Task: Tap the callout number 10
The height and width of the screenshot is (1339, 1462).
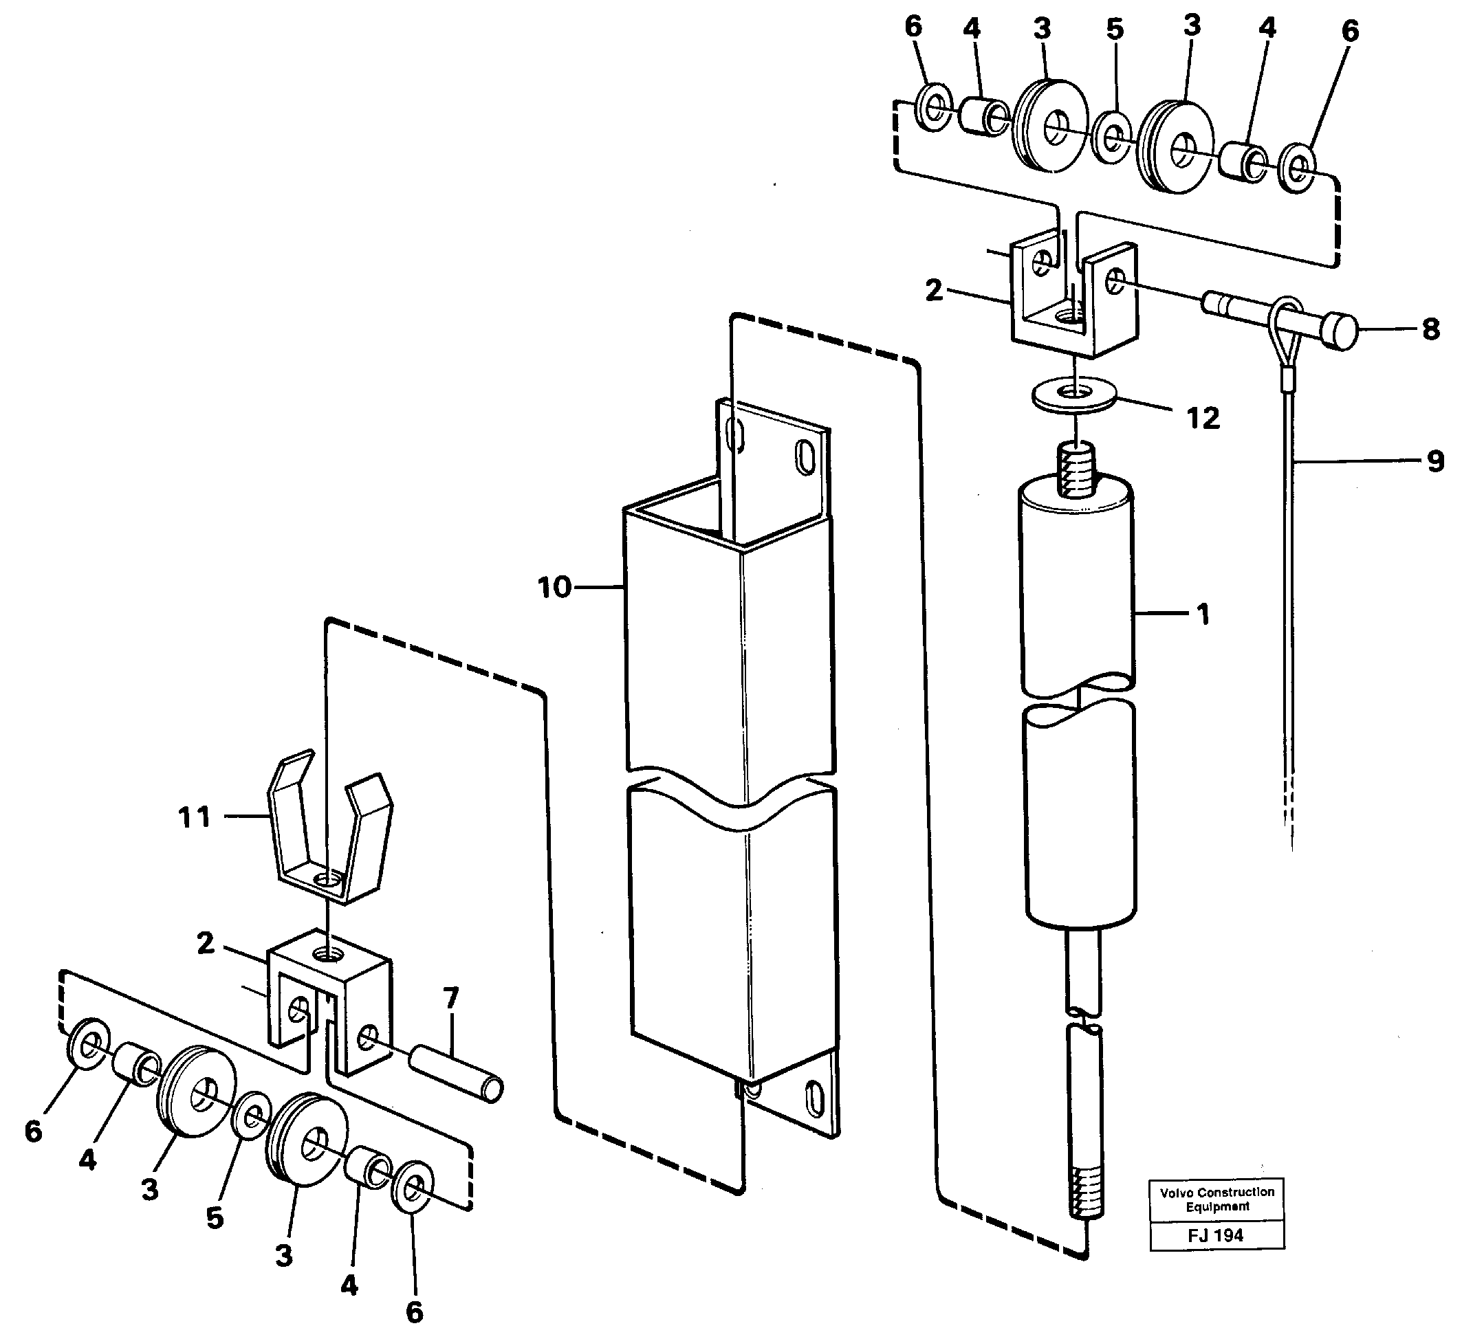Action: coord(554,586)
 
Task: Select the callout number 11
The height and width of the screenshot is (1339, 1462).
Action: coord(195,817)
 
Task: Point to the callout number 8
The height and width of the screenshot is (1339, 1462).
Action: coord(1430,330)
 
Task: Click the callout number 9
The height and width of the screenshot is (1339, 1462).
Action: coord(1435,461)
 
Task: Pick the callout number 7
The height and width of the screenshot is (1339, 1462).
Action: coord(451,998)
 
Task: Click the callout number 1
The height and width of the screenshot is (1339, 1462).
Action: coord(1202,615)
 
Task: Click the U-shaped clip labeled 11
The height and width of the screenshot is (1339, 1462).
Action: coord(331,834)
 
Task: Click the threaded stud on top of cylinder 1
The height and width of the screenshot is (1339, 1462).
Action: coord(1078,472)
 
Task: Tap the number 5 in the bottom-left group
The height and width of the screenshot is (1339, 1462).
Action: coord(215,1218)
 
